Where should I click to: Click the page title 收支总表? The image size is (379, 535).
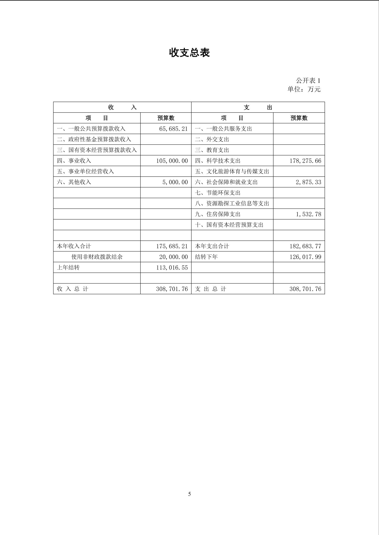click(189, 53)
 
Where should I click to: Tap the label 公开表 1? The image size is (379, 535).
click(308, 81)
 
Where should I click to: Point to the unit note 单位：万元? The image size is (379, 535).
click(304, 89)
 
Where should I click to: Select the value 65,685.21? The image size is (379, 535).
click(173, 129)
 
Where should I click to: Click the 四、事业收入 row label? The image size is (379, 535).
click(74, 161)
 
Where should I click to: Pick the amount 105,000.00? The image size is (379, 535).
click(172, 161)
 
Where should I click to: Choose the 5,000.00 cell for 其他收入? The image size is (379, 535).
click(175, 182)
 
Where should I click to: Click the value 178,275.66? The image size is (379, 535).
click(305, 161)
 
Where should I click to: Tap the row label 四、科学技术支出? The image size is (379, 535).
click(218, 161)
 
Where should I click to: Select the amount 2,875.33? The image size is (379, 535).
click(308, 182)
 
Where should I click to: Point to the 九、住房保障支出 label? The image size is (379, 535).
click(218, 214)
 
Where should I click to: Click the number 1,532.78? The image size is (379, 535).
click(308, 214)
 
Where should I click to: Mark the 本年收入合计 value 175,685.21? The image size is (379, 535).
click(172, 246)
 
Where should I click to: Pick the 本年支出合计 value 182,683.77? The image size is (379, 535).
click(305, 246)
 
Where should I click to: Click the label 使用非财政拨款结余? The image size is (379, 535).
click(97, 257)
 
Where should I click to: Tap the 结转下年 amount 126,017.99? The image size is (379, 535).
click(305, 257)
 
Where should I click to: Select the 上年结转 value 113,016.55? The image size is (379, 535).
click(172, 267)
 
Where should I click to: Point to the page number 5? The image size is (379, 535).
click(189, 494)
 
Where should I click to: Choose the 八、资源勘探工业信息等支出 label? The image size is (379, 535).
click(232, 203)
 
